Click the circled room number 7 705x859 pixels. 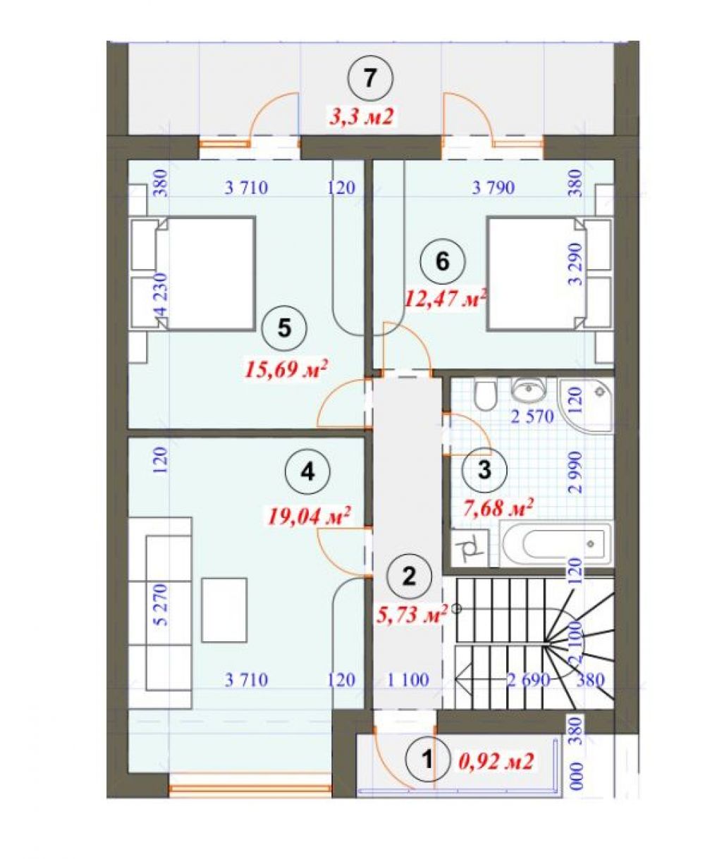369,80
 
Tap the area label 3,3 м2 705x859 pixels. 362,118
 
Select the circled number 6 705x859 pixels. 443,261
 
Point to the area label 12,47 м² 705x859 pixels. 446,300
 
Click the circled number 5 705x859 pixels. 284,329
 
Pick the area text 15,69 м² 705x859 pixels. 286,370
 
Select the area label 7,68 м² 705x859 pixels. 498,508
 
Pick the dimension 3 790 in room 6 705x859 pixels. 493,187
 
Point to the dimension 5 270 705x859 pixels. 161,604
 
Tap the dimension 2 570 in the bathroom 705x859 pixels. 532,416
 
